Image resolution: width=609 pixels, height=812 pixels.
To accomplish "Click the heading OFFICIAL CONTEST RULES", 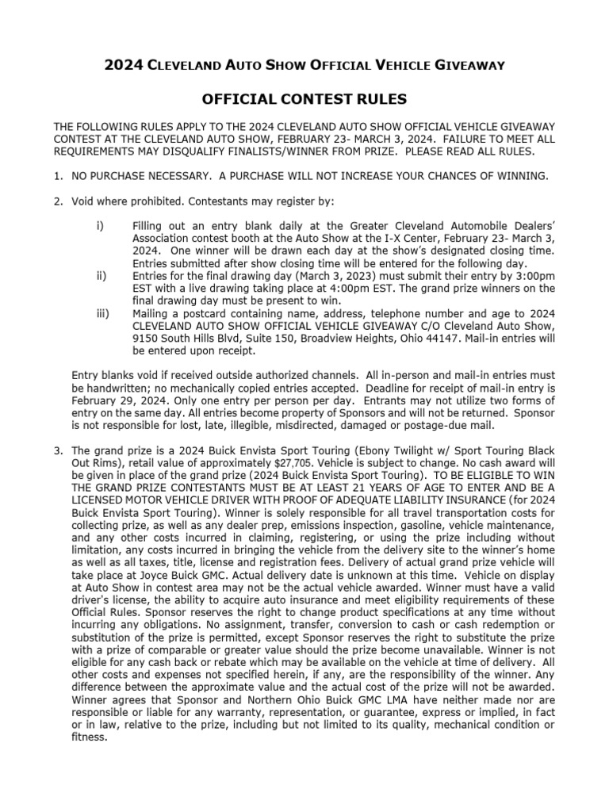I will coord(305,99).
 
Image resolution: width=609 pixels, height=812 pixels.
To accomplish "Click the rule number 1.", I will coord(58,175).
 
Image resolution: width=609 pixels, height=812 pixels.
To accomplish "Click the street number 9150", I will coord(148,335).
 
